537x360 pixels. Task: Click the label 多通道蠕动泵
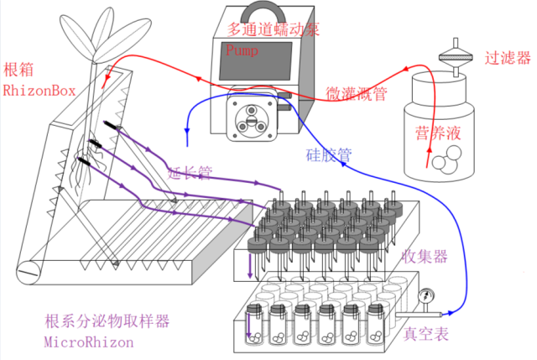tap(274, 29)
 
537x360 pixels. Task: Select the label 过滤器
tap(508, 58)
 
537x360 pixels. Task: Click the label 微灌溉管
tap(356, 92)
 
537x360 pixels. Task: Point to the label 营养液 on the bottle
tap(441, 133)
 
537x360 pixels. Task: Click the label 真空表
tap(426, 333)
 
